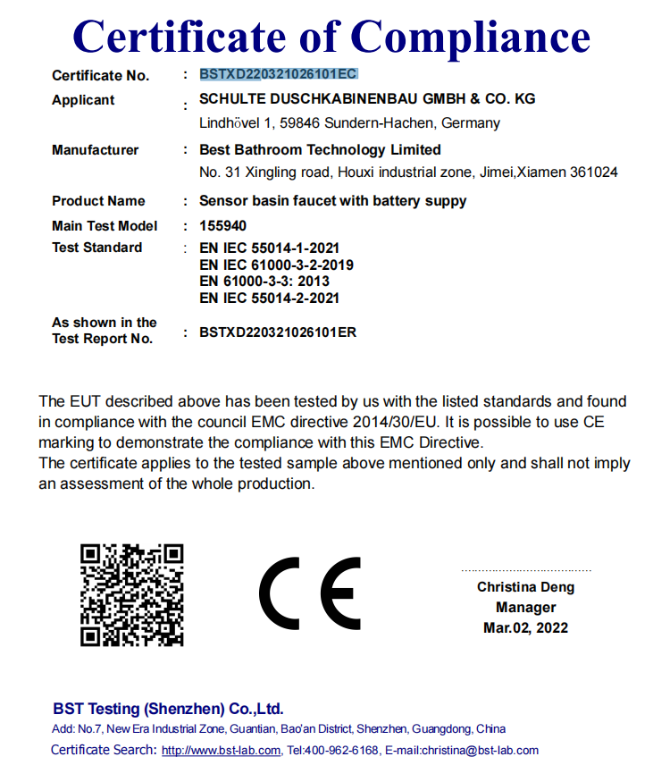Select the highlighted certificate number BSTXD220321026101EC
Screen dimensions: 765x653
pyautogui.click(x=279, y=74)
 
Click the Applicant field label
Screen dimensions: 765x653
pyautogui.click(x=83, y=100)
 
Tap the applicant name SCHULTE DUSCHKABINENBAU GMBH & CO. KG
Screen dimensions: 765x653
pyautogui.click(x=367, y=99)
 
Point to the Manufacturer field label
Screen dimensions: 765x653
pyautogui.click(x=96, y=150)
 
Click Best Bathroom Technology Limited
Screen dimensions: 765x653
pyautogui.click(x=320, y=150)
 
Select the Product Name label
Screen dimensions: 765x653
pyautogui.click(x=98, y=201)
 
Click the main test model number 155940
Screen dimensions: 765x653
pyautogui.click(x=223, y=226)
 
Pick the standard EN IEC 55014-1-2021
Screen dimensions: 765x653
pyautogui.click(x=270, y=248)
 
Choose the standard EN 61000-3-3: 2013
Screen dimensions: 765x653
pyautogui.click(x=265, y=282)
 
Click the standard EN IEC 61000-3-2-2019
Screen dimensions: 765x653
pyautogui.click(x=277, y=265)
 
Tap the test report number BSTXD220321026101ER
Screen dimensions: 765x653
pyautogui.click(x=278, y=332)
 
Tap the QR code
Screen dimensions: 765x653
pyautogui.click(x=132, y=594)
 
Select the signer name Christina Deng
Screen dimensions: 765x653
pyautogui.click(x=525, y=587)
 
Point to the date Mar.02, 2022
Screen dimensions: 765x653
pyautogui.click(x=525, y=628)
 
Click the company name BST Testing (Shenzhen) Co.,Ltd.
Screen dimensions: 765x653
pyautogui.click(x=168, y=709)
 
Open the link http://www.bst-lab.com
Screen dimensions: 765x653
pyautogui.click(x=222, y=751)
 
